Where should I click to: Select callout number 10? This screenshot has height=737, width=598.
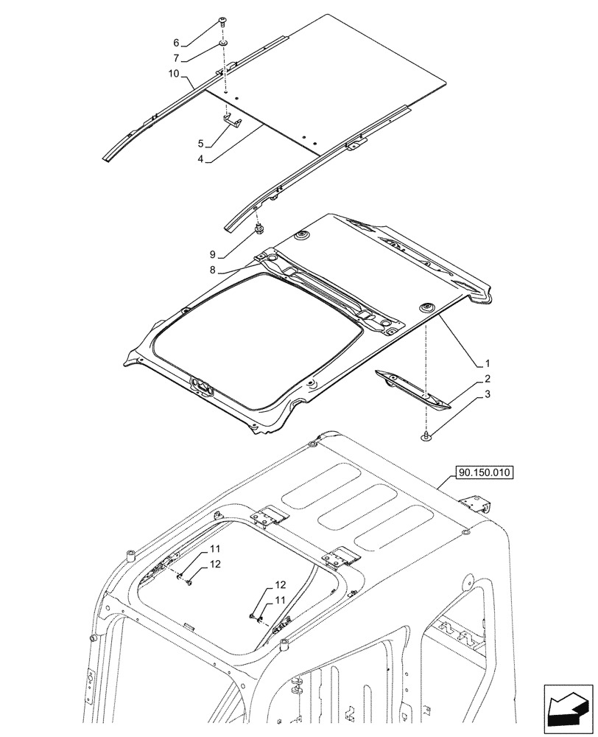174,74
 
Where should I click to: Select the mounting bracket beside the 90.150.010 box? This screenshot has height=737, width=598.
476,505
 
